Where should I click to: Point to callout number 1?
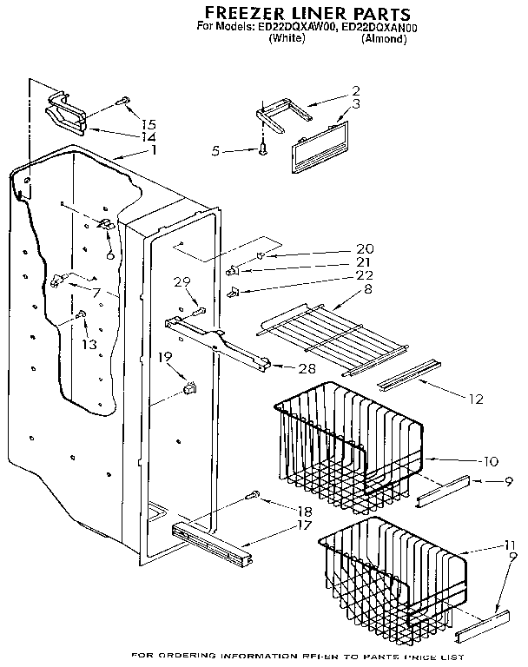153,150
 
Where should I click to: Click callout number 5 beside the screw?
215,151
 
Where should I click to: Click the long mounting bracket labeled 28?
217,339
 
